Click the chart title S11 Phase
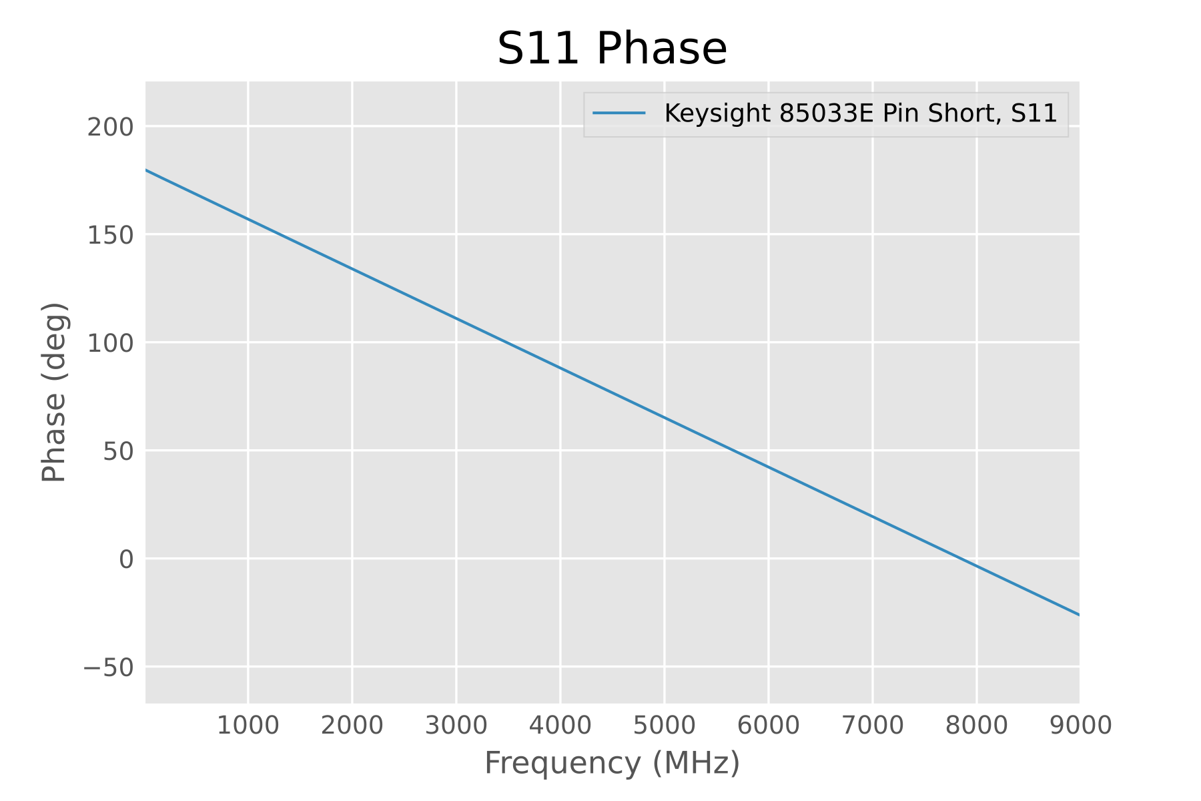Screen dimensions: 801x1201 pyautogui.click(x=612, y=49)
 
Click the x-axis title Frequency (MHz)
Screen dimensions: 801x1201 pyautogui.click(x=612, y=763)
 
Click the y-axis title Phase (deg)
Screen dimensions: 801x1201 pyautogui.click(x=54, y=392)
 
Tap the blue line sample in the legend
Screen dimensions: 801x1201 pyautogui.click(x=619, y=114)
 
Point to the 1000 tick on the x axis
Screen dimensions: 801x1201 pyautogui.click(x=248, y=726)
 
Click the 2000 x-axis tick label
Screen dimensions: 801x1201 pyautogui.click(x=352, y=726)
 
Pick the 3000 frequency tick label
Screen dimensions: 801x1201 pyautogui.click(x=456, y=726)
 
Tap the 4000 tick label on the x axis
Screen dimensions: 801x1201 pyautogui.click(x=560, y=726)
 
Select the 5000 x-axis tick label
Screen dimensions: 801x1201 pyautogui.click(x=665, y=726)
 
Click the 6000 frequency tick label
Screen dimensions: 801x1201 pyautogui.click(x=769, y=726)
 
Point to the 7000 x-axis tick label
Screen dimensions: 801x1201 pyautogui.click(x=873, y=726)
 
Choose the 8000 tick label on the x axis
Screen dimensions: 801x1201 pyautogui.click(x=977, y=726)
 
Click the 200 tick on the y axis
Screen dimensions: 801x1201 pyautogui.click(x=110, y=127)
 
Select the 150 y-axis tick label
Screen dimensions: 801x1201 pyautogui.click(x=110, y=235)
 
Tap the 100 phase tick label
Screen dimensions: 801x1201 pyautogui.click(x=110, y=343)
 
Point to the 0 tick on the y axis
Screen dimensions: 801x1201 pyautogui.click(x=126, y=559)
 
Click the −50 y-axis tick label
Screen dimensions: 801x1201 pyautogui.click(x=107, y=667)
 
